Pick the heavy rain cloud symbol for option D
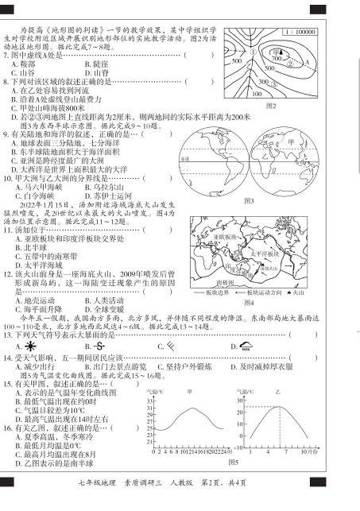click(x=246, y=346)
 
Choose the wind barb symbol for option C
click(x=170, y=346)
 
